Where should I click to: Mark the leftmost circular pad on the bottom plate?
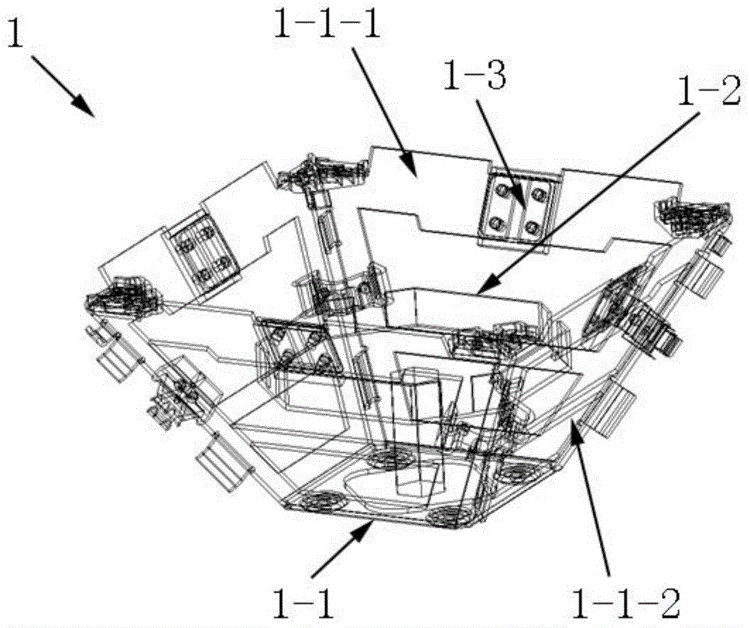tap(317, 499)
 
